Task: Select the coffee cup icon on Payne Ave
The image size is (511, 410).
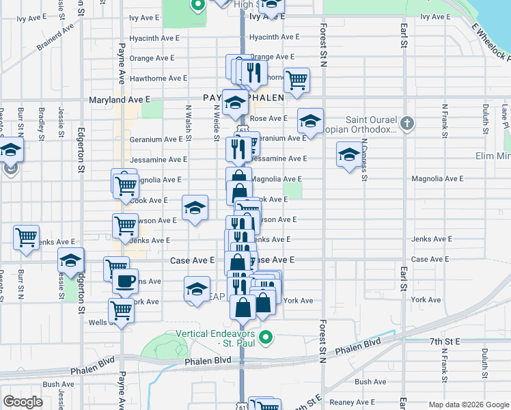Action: [124, 282]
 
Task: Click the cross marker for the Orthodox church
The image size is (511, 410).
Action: [406, 124]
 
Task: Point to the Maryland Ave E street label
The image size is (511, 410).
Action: [120, 99]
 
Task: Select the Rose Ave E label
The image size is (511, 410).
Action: [268, 118]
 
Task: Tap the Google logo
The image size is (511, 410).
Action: [23, 401]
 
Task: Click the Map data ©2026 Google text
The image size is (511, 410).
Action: [469, 405]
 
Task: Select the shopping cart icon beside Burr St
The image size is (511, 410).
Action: [26, 237]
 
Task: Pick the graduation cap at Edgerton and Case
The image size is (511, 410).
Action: [70, 260]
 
